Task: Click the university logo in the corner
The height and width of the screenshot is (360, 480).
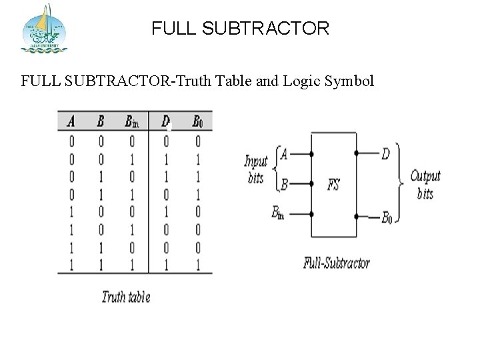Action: click(45, 28)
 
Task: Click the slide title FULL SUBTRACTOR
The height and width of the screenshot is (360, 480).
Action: click(240, 29)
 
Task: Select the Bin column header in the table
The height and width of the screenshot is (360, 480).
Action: click(131, 121)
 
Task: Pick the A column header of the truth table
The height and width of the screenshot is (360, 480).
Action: click(71, 121)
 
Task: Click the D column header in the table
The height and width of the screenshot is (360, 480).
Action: click(165, 121)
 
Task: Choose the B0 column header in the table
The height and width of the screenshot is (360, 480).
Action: click(197, 121)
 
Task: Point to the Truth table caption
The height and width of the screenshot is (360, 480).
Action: click(126, 297)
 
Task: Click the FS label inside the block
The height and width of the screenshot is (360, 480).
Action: click(334, 184)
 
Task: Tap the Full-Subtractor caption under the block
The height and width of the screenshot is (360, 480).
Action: click(337, 261)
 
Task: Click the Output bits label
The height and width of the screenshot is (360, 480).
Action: click(425, 185)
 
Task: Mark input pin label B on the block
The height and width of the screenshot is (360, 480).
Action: click(284, 184)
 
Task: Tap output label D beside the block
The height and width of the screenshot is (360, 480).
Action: click(385, 153)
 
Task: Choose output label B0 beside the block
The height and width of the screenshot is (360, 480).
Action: click(387, 217)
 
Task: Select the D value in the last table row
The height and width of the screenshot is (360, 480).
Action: click(165, 267)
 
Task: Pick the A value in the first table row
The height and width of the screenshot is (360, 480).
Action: click(71, 141)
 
